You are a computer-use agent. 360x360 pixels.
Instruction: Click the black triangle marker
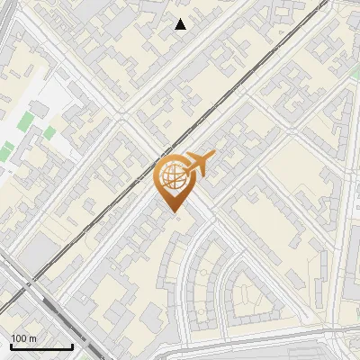[181, 24]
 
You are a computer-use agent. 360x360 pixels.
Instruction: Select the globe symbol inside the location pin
[172, 176]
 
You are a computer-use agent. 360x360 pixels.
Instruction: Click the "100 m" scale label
[23, 338]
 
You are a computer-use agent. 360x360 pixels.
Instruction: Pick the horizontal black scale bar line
[41, 346]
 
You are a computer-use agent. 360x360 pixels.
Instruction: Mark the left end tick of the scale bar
[11, 345]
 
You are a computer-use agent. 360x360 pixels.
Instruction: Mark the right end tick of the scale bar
[72, 345]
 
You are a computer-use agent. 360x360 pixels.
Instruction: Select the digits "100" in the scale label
[19, 338]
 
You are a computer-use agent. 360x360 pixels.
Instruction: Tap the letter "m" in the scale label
[33, 338]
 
